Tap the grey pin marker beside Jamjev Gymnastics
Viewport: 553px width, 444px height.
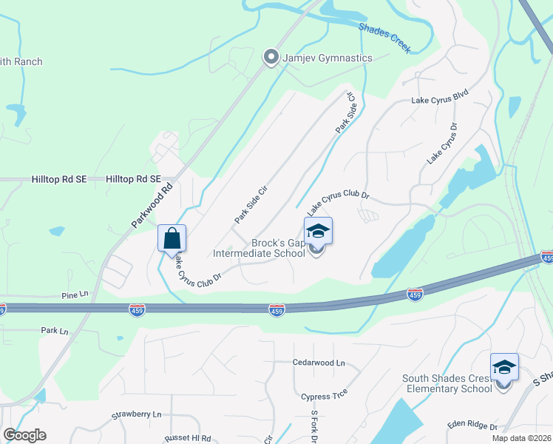point(271,57)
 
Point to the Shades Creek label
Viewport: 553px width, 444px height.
point(384,37)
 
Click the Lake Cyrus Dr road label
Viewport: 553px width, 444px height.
point(442,144)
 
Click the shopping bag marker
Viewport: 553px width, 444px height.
point(172,239)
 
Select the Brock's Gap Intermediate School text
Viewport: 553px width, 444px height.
point(259,248)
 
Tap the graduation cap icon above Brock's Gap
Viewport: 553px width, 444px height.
point(318,232)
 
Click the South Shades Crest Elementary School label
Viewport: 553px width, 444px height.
point(447,383)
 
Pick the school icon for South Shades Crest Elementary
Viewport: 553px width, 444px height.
point(504,368)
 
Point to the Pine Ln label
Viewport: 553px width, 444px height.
point(75,294)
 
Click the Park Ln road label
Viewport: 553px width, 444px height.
point(54,331)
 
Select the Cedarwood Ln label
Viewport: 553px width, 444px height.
point(319,363)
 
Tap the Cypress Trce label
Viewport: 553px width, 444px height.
point(324,397)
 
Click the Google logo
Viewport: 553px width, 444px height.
point(24,435)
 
